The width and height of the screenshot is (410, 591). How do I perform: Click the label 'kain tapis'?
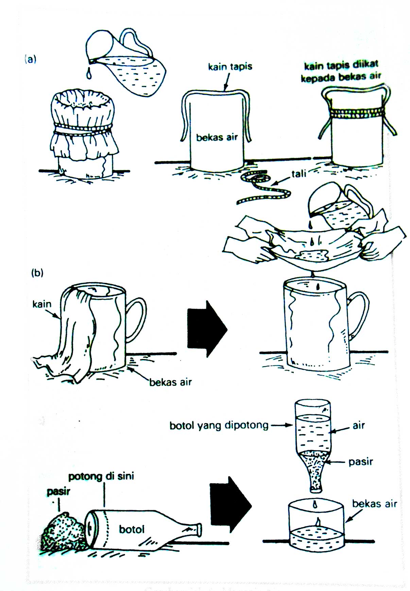click(230, 66)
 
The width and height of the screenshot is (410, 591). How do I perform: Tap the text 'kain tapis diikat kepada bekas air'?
click(341, 71)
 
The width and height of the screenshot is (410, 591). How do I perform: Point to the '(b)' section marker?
click(37, 272)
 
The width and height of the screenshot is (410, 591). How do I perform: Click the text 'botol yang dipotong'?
click(219, 425)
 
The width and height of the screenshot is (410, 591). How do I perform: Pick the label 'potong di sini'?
click(101, 476)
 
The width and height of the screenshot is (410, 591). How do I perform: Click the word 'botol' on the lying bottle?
click(132, 529)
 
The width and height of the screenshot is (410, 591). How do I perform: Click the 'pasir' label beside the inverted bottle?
click(360, 462)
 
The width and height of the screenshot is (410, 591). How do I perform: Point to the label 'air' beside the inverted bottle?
click(358, 425)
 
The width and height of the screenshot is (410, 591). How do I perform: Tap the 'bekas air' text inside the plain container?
click(217, 138)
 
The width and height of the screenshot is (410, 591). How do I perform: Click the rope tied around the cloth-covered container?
click(83, 132)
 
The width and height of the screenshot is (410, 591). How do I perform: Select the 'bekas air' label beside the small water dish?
click(374, 503)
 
